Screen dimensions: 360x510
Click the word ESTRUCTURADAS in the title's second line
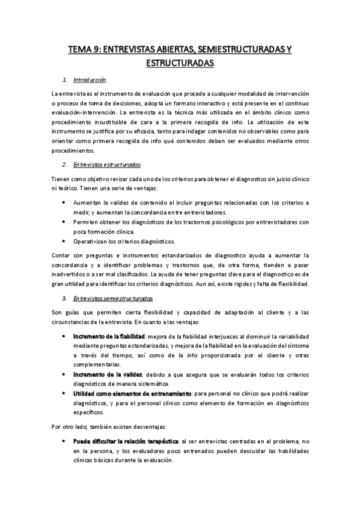180,62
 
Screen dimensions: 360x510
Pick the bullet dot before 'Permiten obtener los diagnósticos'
64,222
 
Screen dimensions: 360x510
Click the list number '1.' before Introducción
65,79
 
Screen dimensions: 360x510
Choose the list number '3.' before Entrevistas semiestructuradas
65,298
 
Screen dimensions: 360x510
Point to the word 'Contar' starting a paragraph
61,256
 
